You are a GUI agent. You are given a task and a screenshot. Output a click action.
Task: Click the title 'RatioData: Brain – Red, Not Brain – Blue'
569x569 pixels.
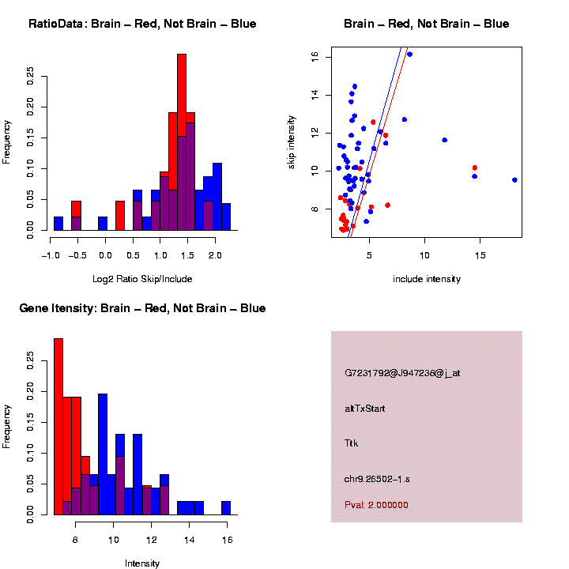coord(142,24)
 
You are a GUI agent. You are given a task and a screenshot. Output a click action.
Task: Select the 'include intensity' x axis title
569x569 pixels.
coord(427,279)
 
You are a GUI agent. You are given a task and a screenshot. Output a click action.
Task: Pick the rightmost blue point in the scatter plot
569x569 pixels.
coord(514,180)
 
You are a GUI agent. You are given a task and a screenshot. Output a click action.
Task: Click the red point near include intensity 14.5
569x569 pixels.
coord(475,168)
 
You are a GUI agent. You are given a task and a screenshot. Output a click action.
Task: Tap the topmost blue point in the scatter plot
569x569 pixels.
coord(409,55)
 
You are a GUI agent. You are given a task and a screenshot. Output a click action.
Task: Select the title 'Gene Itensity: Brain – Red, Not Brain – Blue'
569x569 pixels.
coord(142,308)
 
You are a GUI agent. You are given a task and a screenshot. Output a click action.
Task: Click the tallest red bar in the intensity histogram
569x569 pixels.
coord(58,427)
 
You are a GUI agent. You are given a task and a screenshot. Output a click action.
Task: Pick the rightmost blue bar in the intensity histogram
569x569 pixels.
coord(226,508)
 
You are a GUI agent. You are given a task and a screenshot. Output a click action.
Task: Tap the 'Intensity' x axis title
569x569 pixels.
coord(142,563)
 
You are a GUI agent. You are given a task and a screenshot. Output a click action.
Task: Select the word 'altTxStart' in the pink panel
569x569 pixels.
coord(366,409)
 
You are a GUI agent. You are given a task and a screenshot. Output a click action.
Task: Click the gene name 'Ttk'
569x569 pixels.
coord(352,443)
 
